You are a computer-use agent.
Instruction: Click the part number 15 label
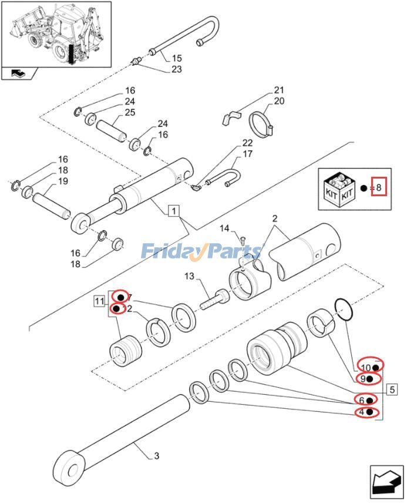177,58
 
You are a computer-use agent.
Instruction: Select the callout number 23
177,69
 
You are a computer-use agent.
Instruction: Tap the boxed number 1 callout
173,210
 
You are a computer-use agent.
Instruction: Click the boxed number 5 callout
392,388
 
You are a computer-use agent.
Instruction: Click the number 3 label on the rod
156,456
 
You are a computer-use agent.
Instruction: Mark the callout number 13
189,276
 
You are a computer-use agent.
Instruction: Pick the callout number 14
225,228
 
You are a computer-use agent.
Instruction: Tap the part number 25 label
130,112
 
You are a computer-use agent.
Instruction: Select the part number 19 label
63,181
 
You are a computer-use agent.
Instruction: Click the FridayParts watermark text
201,252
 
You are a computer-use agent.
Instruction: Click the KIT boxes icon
339,189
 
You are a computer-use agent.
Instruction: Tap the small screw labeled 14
242,238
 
